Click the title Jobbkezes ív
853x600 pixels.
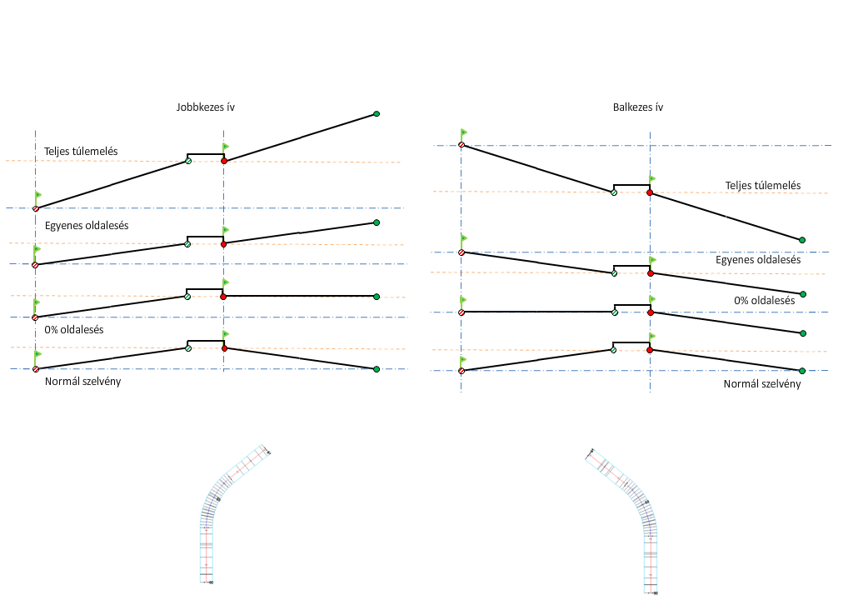click(x=205, y=107)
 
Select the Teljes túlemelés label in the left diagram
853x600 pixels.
click(x=81, y=151)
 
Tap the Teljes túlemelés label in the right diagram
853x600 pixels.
click(x=762, y=186)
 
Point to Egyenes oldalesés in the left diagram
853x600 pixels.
click(x=86, y=226)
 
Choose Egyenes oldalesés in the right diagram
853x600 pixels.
click(x=758, y=260)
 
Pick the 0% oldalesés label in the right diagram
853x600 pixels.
click(x=764, y=301)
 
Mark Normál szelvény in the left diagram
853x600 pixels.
click(x=82, y=382)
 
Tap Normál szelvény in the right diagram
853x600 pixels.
click(x=761, y=383)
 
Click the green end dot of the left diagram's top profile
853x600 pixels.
click(x=377, y=113)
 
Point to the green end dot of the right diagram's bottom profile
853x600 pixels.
click(x=801, y=370)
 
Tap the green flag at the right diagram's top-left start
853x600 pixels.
click(x=464, y=132)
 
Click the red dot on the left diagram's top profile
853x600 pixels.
click(x=224, y=161)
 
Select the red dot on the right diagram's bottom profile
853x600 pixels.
click(x=650, y=350)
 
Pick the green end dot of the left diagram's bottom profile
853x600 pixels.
click(x=377, y=369)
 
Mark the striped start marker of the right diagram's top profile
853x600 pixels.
click(x=461, y=145)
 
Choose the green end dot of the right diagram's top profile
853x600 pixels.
click(x=802, y=240)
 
